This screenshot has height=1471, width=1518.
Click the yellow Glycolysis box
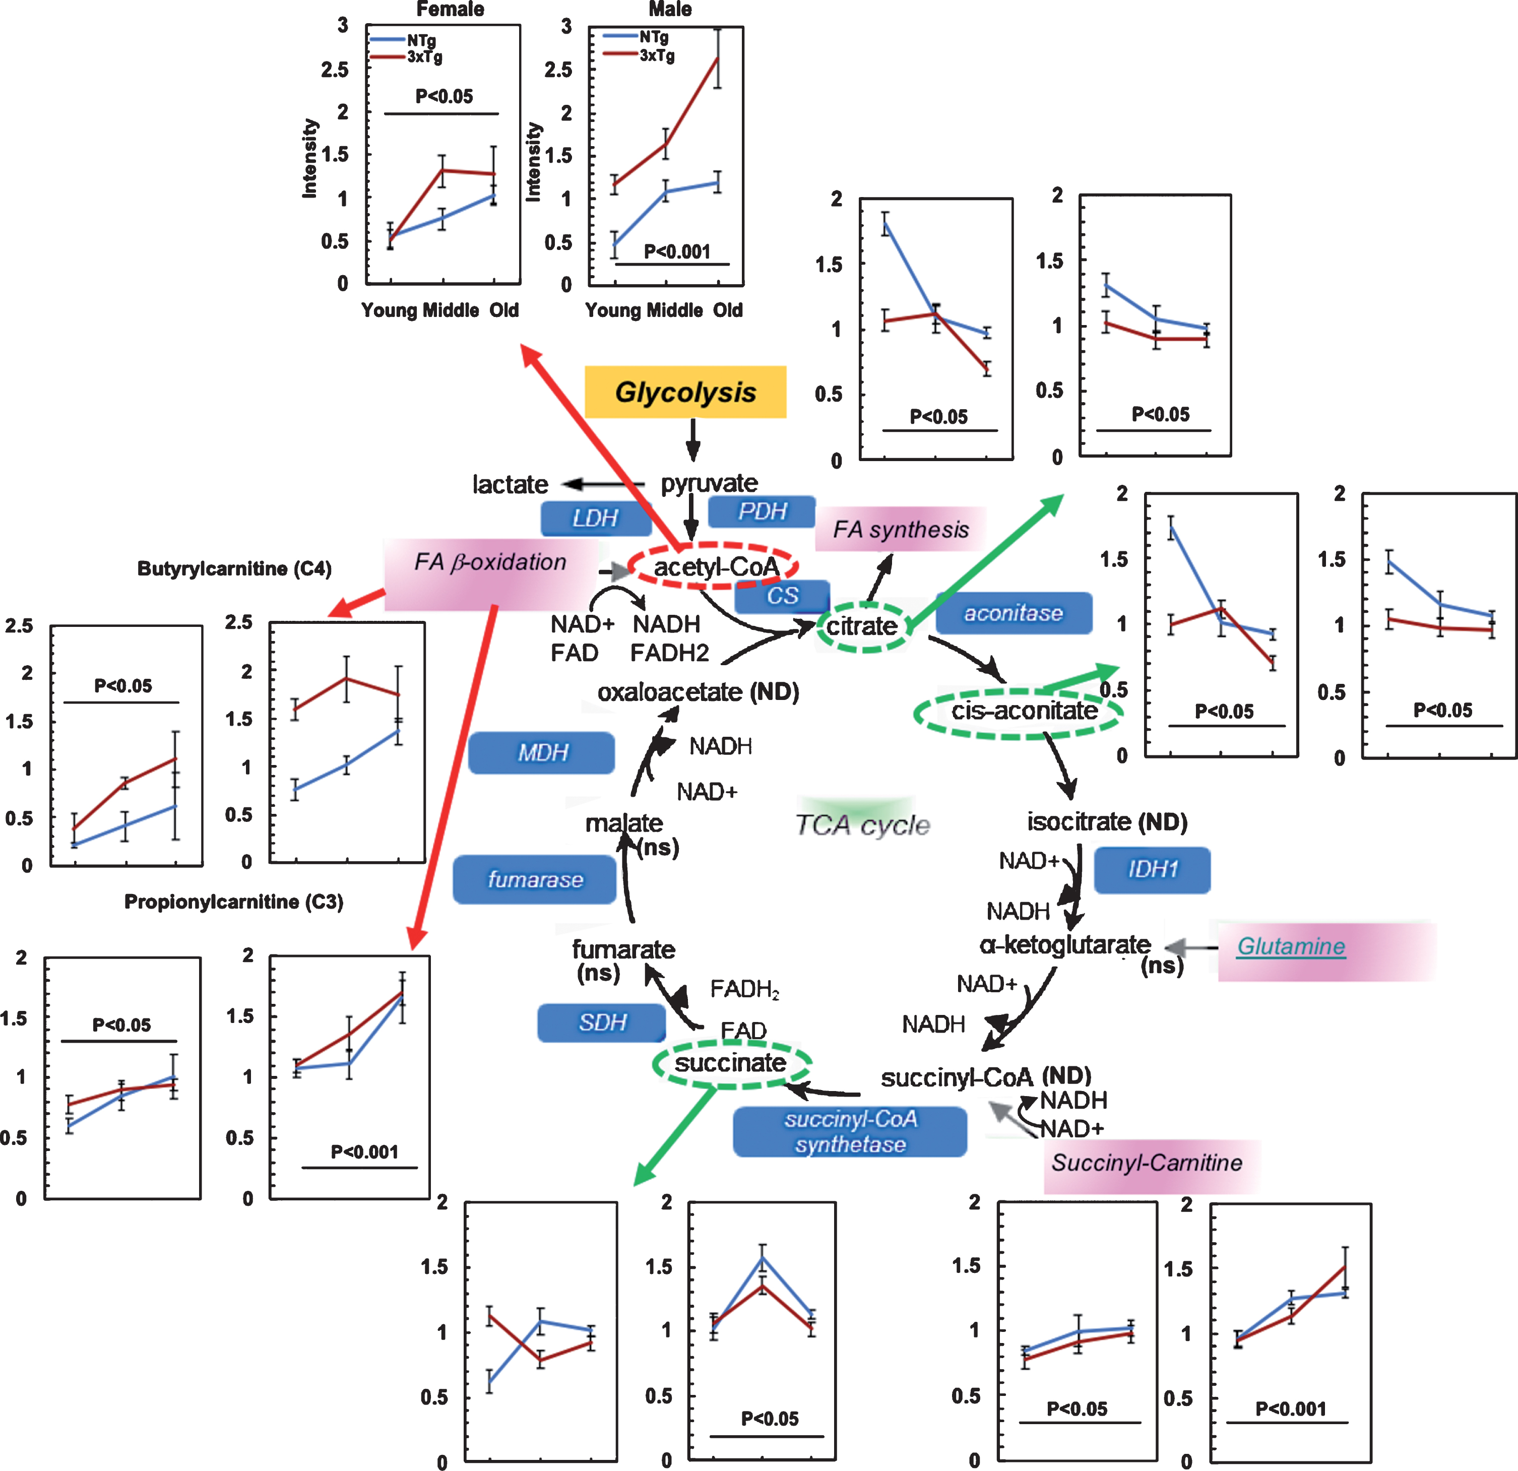(685, 392)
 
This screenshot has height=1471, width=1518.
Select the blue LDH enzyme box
(596, 518)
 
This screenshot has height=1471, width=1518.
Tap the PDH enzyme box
(762, 511)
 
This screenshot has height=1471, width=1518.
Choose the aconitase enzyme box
(1014, 613)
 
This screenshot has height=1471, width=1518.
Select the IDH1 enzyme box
(1152, 870)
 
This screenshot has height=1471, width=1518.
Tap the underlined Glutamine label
(1291, 946)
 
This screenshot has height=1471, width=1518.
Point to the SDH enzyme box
(602, 1022)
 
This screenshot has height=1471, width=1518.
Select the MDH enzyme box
(542, 752)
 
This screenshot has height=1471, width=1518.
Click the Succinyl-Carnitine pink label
(1147, 1163)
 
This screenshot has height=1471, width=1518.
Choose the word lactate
(511, 485)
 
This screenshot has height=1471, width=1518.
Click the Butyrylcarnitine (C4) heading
(234, 568)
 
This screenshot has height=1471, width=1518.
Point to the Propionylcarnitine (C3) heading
(233, 902)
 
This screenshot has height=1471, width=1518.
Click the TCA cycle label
(863, 825)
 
